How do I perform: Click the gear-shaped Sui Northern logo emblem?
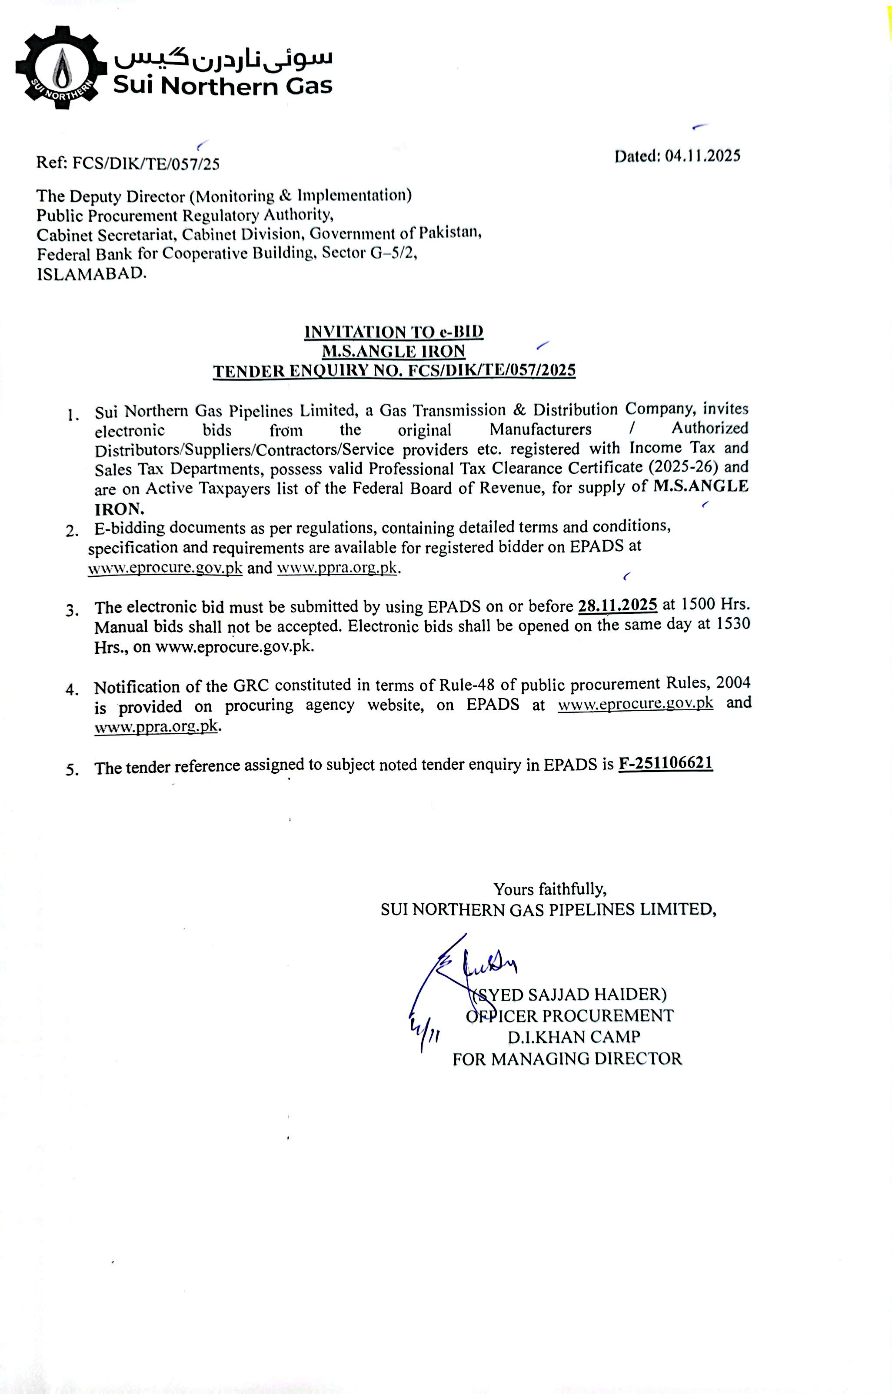[x=61, y=68]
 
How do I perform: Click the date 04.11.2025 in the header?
[x=702, y=156]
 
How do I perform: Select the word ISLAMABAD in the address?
[x=92, y=273]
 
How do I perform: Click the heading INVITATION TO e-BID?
[x=394, y=332]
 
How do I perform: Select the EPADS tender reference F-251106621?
[x=666, y=763]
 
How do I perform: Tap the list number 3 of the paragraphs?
[x=73, y=610]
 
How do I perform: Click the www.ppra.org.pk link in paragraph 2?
[x=337, y=568]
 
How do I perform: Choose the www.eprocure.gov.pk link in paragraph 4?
[x=636, y=704]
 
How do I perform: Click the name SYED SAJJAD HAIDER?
[x=570, y=995]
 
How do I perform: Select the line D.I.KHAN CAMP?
[x=574, y=1037]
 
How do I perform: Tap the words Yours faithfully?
[x=550, y=889]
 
